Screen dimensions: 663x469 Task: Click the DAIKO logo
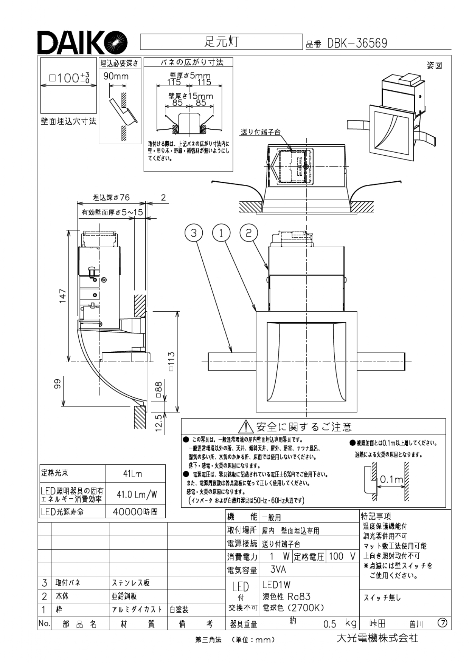[x=82, y=42]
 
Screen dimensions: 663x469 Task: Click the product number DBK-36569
[x=357, y=43]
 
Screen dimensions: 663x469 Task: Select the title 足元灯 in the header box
[x=221, y=42]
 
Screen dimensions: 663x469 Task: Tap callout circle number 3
[x=194, y=233]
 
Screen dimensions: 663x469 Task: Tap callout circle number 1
[x=221, y=233]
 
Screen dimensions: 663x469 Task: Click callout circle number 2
[x=248, y=233]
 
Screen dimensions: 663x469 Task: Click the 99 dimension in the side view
[x=57, y=384]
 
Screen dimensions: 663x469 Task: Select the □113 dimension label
[x=171, y=362]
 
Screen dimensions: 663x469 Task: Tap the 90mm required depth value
[x=116, y=76]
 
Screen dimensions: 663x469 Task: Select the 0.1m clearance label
[x=392, y=479]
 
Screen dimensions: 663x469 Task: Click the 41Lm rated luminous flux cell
[x=132, y=474]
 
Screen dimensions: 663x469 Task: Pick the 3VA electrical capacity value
[x=278, y=569]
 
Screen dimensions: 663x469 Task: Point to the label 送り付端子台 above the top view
[x=261, y=132]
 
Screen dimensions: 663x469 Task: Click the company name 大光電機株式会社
[x=377, y=638]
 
